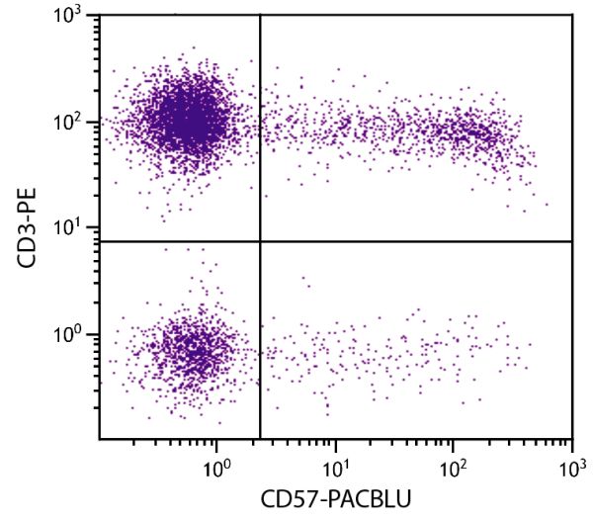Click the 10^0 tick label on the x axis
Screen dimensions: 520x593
coord(218,463)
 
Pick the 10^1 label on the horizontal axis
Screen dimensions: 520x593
coord(336,463)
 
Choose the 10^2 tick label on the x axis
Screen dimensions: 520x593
coord(454,463)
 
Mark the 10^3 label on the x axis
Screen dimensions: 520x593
coord(571,463)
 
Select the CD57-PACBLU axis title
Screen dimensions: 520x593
coord(336,499)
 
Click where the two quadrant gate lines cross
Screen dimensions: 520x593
coord(260,241)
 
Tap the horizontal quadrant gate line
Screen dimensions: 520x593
coord(415,241)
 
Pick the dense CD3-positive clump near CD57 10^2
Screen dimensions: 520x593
coord(469,132)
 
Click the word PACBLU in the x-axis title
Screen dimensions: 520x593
coord(370,499)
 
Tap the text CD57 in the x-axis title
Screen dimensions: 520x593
coord(291,499)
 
